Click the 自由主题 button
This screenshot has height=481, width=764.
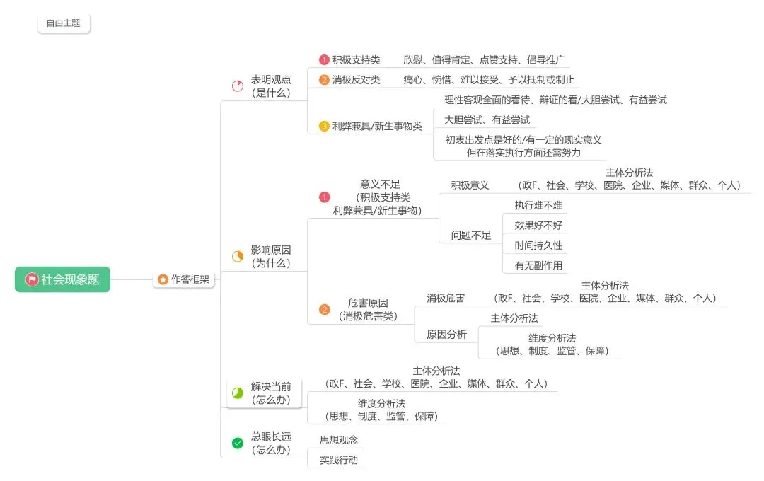[64, 23]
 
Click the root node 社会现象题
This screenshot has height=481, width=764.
[62, 279]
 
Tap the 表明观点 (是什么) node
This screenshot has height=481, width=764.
[270, 86]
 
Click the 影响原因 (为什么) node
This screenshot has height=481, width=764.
[270, 256]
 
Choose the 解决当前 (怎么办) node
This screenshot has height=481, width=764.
[270, 393]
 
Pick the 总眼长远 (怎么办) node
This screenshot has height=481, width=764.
[270, 444]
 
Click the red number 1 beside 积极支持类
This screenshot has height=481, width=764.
[324, 60]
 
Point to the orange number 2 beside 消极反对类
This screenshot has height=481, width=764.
[324, 80]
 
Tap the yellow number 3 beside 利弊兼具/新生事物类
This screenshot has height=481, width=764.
[324, 127]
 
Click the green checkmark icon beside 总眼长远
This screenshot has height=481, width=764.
[238, 444]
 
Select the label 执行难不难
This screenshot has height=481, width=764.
[538, 205]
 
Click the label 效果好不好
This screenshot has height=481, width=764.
[538, 226]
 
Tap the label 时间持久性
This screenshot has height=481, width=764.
[538, 245]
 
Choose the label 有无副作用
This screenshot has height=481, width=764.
[538, 265]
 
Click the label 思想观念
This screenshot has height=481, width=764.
[339, 439]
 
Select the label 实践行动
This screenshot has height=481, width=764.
[339, 460]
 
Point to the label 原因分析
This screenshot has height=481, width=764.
[446, 335]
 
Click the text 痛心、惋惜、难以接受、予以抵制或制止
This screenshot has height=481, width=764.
[489, 80]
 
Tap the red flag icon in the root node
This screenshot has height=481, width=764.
[31, 279]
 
